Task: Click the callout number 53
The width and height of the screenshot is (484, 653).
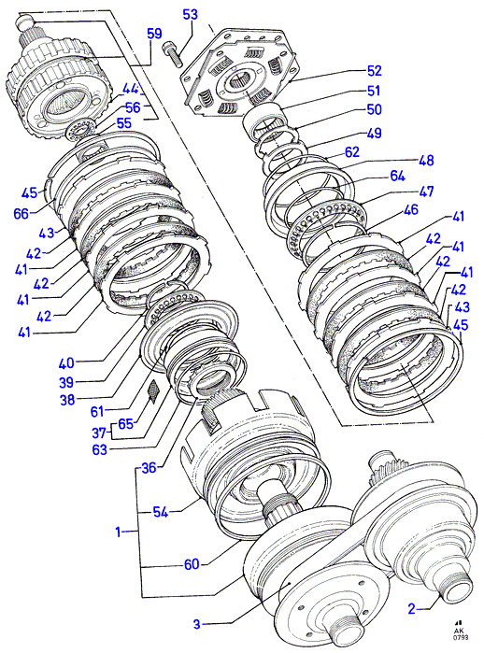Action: click(x=191, y=15)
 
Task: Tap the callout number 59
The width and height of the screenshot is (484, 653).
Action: click(x=154, y=34)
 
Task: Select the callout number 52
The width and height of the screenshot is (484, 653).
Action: click(x=375, y=70)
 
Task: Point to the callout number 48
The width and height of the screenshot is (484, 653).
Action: click(x=426, y=160)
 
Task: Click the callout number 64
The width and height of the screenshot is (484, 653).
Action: click(x=397, y=177)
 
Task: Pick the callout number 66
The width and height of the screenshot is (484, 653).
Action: click(x=21, y=214)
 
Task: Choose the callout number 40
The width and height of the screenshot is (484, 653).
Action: click(x=66, y=363)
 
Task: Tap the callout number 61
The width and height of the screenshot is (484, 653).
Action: click(x=97, y=412)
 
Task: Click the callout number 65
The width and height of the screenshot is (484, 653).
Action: click(x=125, y=424)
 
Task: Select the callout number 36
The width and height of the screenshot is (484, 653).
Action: click(x=149, y=468)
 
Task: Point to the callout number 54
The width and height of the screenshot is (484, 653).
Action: click(x=161, y=512)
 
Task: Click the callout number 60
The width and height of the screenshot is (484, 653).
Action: click(x=192, y=564)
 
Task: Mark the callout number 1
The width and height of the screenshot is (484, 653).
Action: click(x=119, y=532)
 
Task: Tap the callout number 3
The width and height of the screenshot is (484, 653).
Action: click(x=197, y=624)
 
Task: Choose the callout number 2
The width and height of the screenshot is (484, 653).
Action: click(x=411, y=609)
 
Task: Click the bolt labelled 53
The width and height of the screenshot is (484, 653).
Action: click(x=173, y=53)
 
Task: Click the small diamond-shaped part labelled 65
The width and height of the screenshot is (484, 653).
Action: click(x=153, y=391)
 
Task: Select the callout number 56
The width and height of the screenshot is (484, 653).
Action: click(x=133, y=107)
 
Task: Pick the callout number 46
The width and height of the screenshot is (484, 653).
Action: click(x=411, y=209)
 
